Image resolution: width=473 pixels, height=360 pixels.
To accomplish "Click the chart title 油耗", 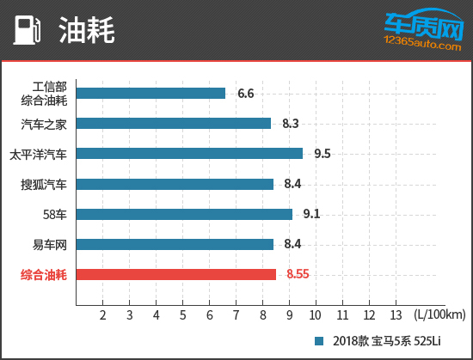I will [86, 31].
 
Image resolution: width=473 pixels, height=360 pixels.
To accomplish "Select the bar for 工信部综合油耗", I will [150, 93].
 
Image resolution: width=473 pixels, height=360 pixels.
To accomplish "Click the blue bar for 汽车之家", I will [174, 123].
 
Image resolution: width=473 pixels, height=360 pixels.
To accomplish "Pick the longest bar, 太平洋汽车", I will [189, 153].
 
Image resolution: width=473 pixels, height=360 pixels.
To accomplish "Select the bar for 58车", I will [184, 214].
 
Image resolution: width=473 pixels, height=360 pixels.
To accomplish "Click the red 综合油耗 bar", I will [176, 275].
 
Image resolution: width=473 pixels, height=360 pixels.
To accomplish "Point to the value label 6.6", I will [246, 93].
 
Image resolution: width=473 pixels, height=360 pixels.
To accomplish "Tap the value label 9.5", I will [322, 153].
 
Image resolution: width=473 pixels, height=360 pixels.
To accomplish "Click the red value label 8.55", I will [298, 275].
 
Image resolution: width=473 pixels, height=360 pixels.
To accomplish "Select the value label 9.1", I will [312, 214].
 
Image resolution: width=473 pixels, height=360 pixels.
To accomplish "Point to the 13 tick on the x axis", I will [396, 315].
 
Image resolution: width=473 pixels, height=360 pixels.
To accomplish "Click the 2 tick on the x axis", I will [103, 315].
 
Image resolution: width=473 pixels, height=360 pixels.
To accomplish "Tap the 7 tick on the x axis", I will [236, 315].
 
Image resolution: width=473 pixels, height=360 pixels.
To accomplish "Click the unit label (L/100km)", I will [439, 315].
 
